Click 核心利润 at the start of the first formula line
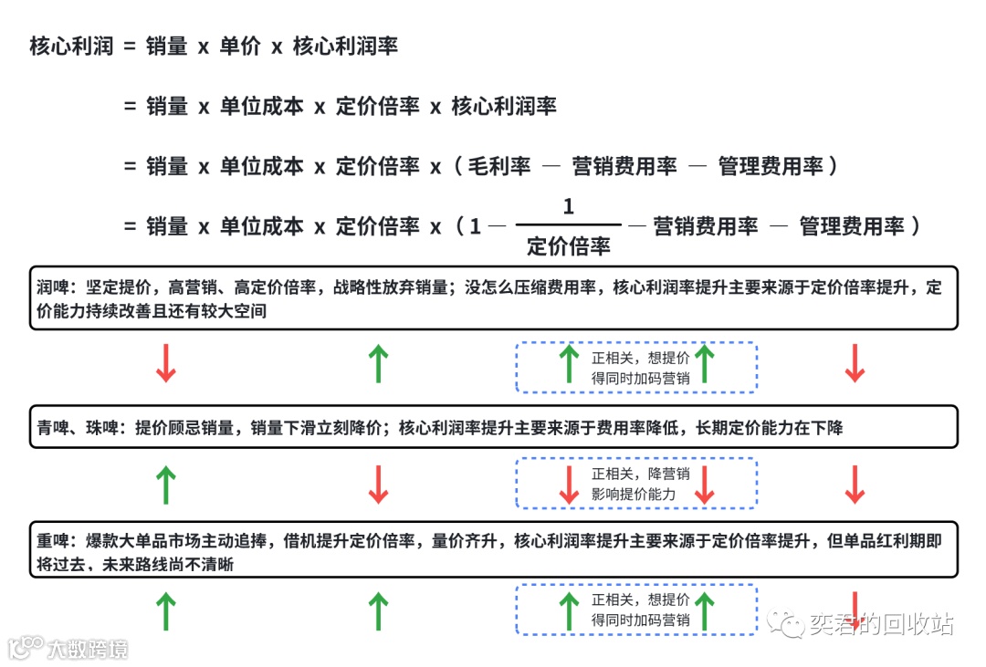click(x=71, y=46)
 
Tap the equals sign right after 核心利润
click(x=130, y=46)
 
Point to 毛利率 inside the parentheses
click(x=499, y=166)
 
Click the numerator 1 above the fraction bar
click(x=569, y=207)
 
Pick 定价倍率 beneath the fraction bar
click(x=569, y=245)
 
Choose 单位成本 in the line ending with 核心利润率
click(x=262, y=106)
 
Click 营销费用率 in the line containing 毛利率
click(x=624, y=166)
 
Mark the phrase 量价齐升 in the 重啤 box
click(x=470, y=541)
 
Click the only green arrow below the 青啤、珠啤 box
click(x=165, y=485)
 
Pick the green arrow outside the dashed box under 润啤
click(x=378, y=363)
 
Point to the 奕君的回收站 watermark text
click(x=880, y=623)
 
